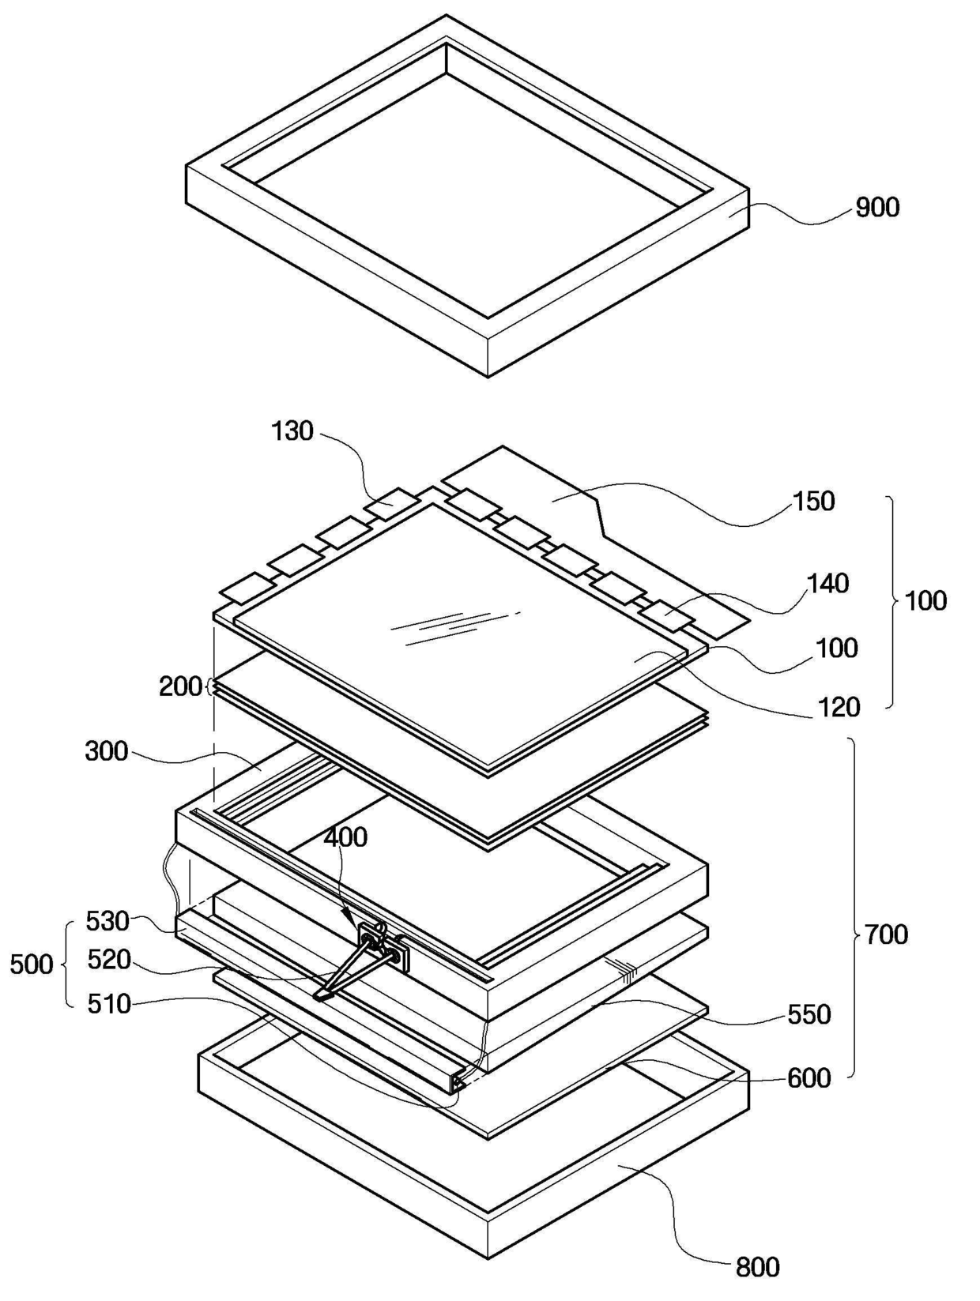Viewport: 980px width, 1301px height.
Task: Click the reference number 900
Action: pos(877,208)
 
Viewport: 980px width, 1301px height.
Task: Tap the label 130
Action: pos(292,431)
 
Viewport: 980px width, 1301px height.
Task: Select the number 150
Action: pos(813,501)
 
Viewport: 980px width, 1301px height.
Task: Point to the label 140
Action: pos(827,584)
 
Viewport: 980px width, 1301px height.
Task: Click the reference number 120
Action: pos(839,707)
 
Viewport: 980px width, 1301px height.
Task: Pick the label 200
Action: pos(180,686)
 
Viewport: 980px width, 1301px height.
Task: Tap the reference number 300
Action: pos(106,751)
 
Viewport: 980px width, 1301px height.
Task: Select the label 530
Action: pos(107,921)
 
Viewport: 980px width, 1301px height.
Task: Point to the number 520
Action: pos(109,960)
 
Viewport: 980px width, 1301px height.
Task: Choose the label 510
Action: pos(109,1004)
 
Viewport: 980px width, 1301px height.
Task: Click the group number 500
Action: pos(32,964)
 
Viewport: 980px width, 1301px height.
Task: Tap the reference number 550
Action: pos(809,1014)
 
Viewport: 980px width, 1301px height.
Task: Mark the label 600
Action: pos(809,1077)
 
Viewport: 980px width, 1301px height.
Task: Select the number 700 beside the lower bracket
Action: pos(886,934)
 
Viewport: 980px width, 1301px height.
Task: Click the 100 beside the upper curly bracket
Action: pos(925,601)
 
